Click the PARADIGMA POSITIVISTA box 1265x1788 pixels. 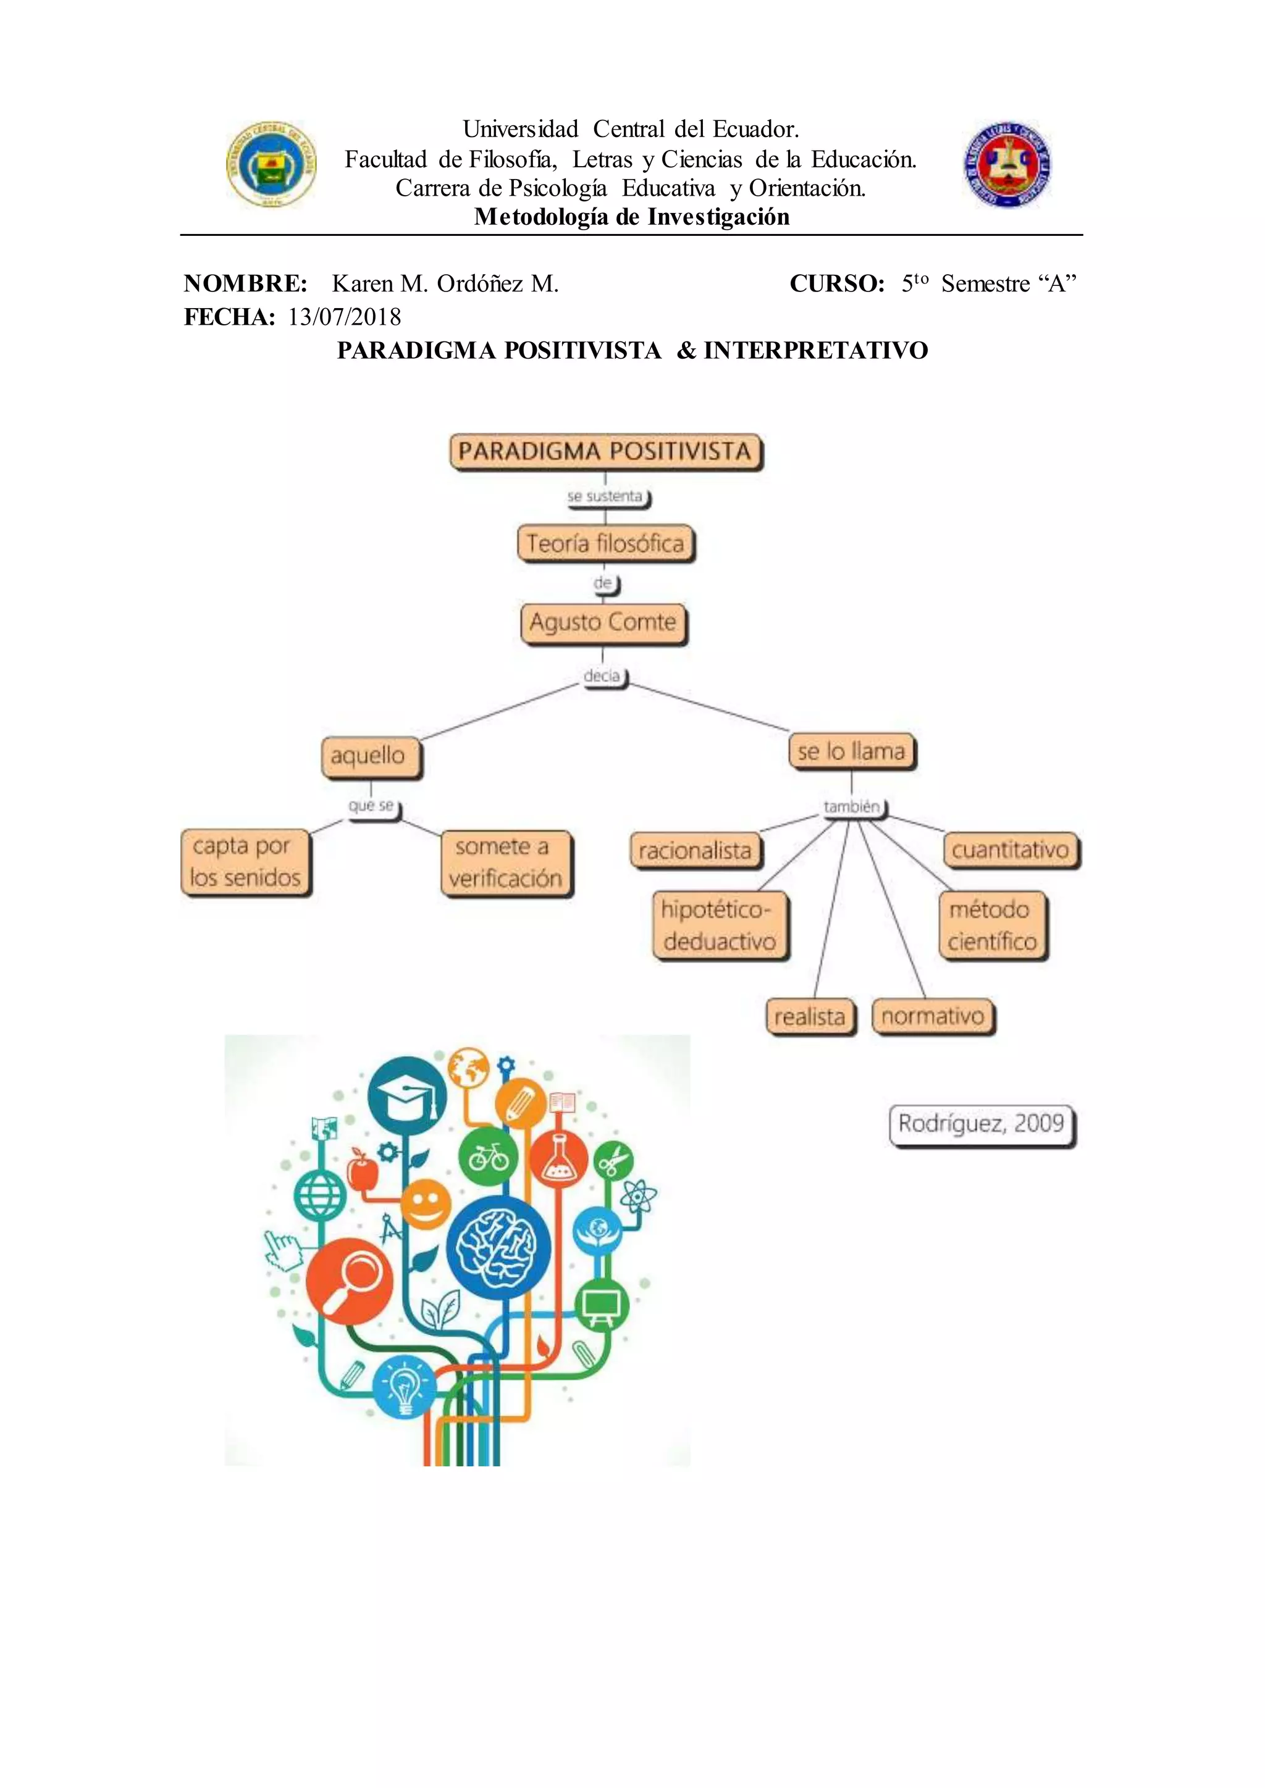pos(605,452)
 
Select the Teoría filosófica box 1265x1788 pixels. pos(605,543)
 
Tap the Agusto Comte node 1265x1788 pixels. pos(603,623)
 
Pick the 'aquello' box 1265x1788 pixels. pos(371,756)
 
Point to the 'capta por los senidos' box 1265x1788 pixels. pos(245,862)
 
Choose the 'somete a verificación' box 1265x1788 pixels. pos(505,863)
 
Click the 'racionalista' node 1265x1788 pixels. pos(695,850)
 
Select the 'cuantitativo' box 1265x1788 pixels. pos(1011,850)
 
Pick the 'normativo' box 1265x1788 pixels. pos(933,1016)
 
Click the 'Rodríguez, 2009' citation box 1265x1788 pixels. pos(981,1124)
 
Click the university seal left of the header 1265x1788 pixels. pos(271,164)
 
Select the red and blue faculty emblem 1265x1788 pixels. pos(1007,164)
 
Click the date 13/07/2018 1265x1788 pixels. pos(344,317)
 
